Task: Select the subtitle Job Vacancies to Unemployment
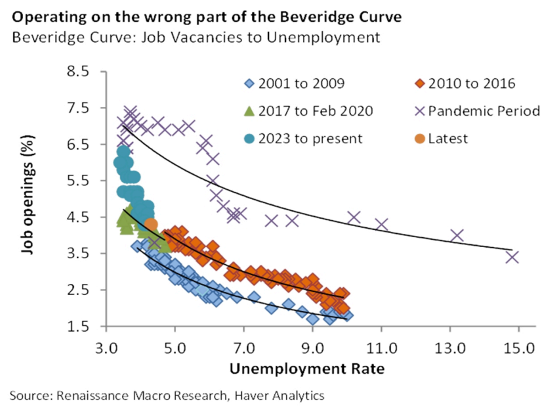click(x=196, y=37)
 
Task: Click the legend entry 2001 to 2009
click(x=301, y=83)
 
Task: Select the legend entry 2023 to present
click(x=310, y=139)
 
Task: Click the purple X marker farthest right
click(x=512, y=257)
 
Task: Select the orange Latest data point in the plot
click(x=152, y=225)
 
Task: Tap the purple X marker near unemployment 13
click(x=457, y=235)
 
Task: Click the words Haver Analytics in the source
click(x=279, y=395)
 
